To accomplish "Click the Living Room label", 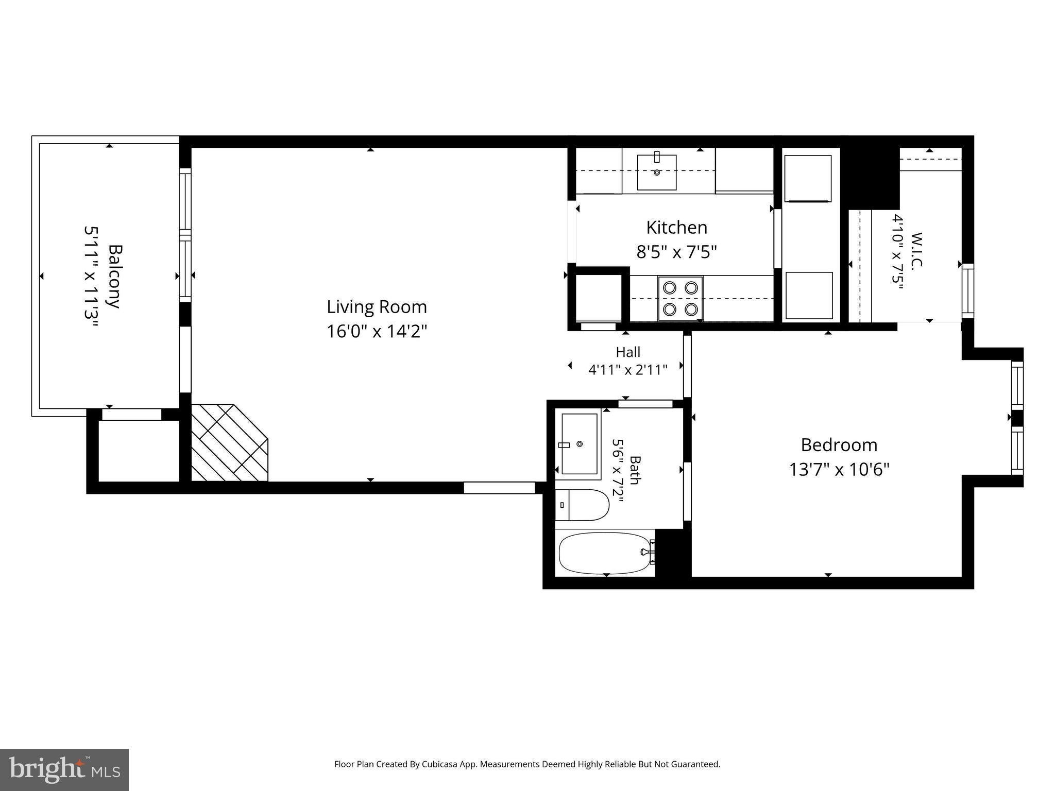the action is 377,307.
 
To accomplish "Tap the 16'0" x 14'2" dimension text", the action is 377,331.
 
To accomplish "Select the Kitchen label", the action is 676,227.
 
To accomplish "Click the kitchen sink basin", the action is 657,172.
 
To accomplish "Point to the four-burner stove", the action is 680,298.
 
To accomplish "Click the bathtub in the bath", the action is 606,553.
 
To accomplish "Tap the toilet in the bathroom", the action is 582,505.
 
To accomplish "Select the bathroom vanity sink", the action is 580,443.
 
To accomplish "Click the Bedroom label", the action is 839,445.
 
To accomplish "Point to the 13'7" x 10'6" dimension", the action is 839,469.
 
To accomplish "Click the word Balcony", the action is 114,276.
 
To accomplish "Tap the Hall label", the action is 628,352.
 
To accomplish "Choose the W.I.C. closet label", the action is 916,251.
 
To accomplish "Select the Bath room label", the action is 635,470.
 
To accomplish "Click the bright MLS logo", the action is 64,769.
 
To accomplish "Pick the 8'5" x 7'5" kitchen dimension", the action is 677,252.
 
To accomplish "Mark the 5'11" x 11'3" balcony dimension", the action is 91,276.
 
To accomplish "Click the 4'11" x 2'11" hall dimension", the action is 628,369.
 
